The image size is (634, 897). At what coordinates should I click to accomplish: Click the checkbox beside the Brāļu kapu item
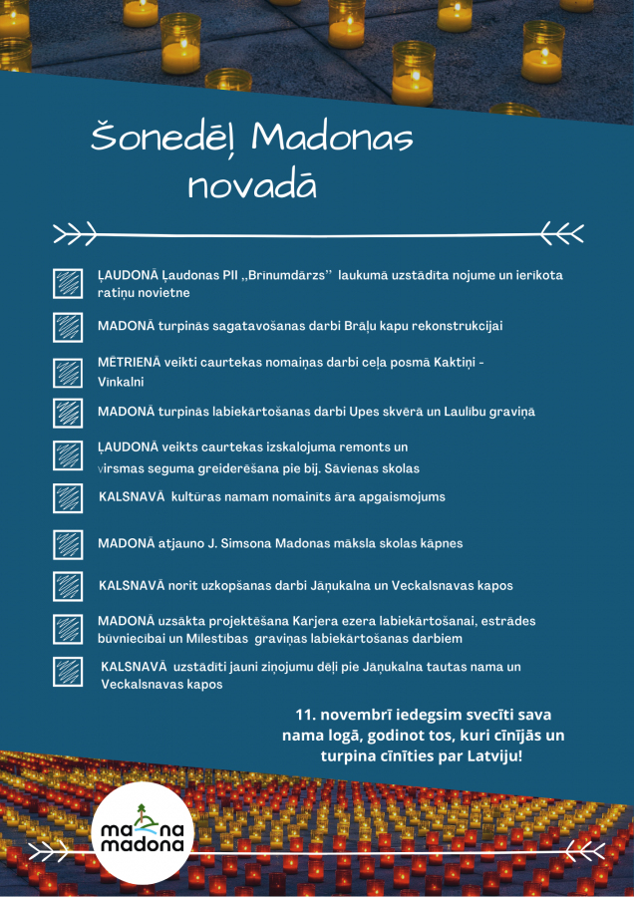tap(68, 326)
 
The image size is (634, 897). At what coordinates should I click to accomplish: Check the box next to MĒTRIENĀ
tap(68, 372)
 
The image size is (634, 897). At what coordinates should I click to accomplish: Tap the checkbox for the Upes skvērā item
tap(68, 412)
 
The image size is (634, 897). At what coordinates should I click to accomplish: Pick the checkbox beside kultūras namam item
tap(68, 496)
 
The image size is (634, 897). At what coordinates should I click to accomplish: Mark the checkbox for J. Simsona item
tap(68, 544)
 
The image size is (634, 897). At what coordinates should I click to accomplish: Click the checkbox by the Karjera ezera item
tap(68, 629)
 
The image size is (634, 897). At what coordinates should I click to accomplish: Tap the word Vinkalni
tap(121, 382)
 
